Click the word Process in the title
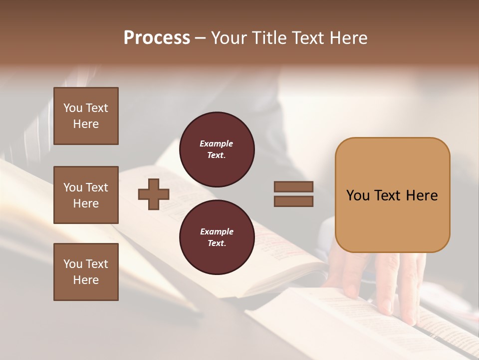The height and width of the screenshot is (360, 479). point(157,38)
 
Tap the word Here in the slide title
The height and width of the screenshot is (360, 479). point(348,38)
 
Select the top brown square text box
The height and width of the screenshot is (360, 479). point(86,116)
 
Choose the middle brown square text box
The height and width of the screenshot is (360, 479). point(86,195)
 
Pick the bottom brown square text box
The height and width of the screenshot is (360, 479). point(86,272)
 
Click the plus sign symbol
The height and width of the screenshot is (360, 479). point(154,194)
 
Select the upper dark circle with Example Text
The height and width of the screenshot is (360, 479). point(217,149)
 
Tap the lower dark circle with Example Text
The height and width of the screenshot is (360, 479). point(217,237)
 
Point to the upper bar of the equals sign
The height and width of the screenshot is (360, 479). point(293,187)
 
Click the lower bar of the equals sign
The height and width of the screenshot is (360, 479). point(293,201)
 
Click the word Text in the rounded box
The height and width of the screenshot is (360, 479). point(388,195)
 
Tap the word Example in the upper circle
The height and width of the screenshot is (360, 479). point(216,143)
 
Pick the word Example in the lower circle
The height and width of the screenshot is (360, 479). point(217,231)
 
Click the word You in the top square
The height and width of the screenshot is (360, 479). point(73,108)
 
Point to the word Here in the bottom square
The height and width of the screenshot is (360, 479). point(86,280)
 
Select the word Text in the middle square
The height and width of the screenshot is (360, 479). point(97,187)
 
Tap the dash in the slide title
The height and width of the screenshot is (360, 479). point(201,38)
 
